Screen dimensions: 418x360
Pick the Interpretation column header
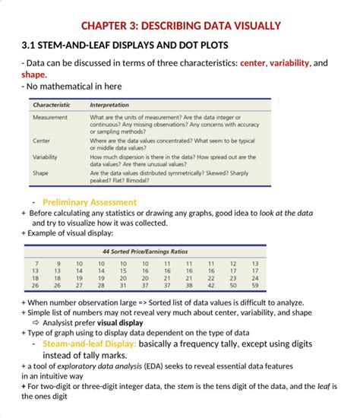click(x=109, y=104)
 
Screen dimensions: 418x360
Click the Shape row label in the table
click(x=41, y=173)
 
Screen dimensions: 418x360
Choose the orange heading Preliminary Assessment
click(x=90, y=202)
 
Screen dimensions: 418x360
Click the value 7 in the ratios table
click(x=36, y=264)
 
